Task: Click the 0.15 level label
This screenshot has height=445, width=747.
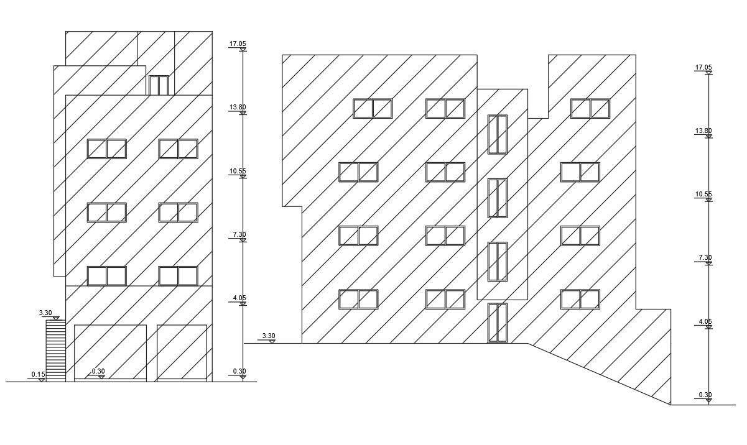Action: pyautogui.click(x=38, y=374)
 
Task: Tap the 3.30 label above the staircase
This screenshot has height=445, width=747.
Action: pyautogui.click(x=45, y=313)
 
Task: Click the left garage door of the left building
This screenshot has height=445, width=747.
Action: pyautogui.click(x=110, y=352)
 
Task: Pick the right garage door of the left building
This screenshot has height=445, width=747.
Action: pyautogui.click(x=182, y=352)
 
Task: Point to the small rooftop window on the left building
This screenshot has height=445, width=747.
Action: pyautogui.click(x=159, y=85)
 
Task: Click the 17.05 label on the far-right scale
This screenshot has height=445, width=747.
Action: pyautogui.click(x=703, y=67)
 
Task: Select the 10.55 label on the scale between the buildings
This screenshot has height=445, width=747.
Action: pyautogui.click(x=238, y=171)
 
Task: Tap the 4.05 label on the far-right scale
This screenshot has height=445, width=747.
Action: pyautogui.click(x=705, y=321)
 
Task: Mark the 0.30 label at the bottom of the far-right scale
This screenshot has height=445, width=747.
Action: pyautogui.click(x=705, y=395)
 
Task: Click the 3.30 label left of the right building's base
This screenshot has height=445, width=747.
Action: pyautogui.click(x=268, y=336)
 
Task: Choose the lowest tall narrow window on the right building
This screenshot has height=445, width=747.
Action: pyautogui.click(x=498, y=323)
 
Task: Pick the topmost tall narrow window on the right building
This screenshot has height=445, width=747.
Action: pyautogui.click(x=498, y=134)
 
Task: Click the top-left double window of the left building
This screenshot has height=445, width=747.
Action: pyautogui.click(x=106, y=149)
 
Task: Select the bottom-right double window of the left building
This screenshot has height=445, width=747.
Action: pyautogui.click(x=178, y=276)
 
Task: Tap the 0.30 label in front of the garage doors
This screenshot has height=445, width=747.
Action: pyautogui.click(x=98, y=371)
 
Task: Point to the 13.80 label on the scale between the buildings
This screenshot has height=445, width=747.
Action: pyautogui.click(x=238, y=107)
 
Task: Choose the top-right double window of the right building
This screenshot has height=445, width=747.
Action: pyautogui.click(x=590, y=109)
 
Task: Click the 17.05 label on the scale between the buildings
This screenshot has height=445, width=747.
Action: pyautogui.click(x=238, y=44)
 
